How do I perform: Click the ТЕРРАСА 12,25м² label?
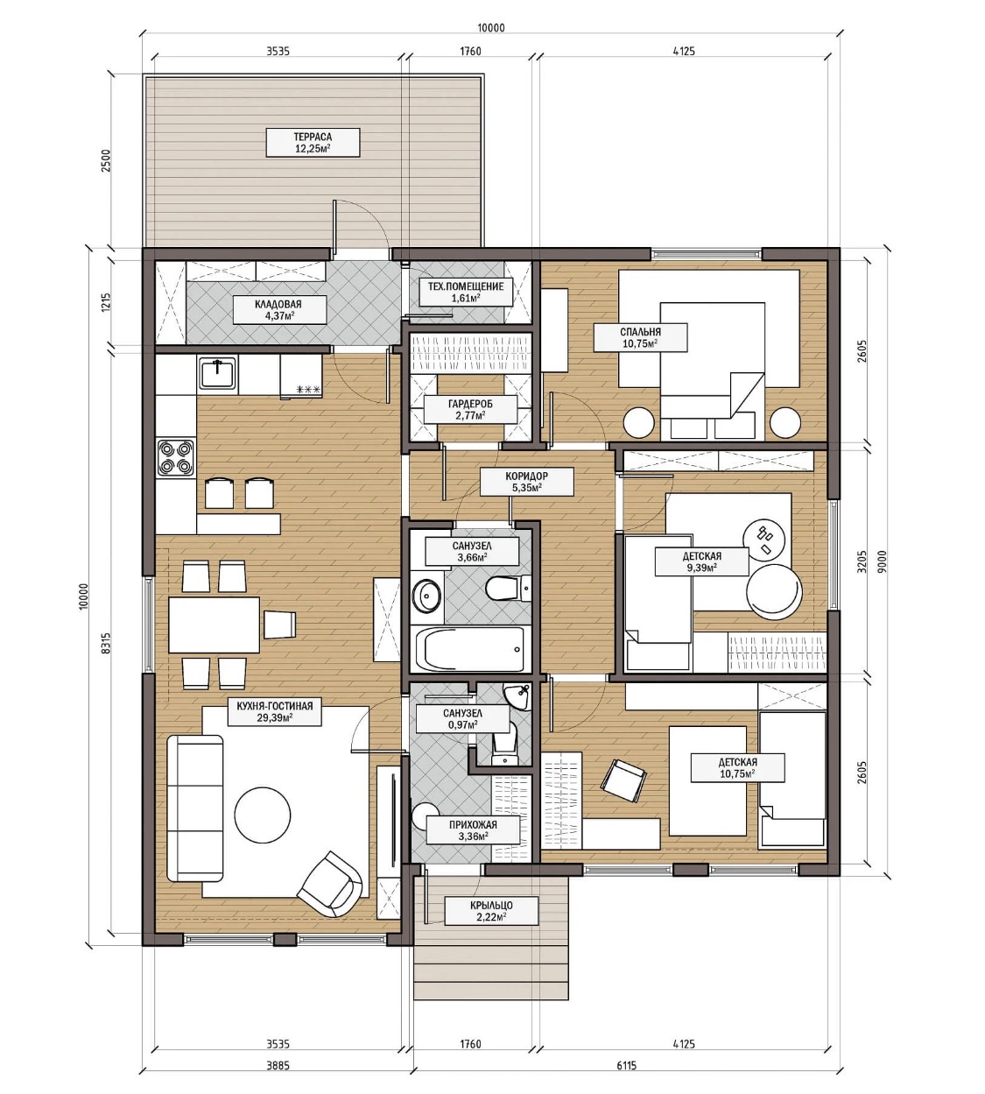(x=313, y=143)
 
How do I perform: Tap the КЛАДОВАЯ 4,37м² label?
(x=278, y=310)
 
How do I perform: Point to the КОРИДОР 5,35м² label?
(x=527, y=482)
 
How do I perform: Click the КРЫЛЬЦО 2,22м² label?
(x=491, y=911)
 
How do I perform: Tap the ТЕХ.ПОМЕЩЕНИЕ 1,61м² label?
(x=466, y=292)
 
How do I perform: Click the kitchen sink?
(x=218, y=374)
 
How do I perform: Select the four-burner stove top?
(x=176, y=457)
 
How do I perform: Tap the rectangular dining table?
(x=214, y=625)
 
